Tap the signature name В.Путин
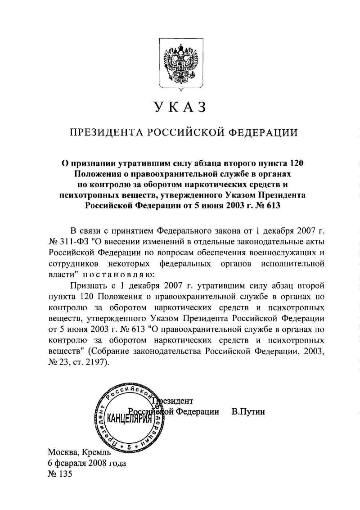[248, 411]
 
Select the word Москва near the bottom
[63, 452]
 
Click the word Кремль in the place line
[96, 453]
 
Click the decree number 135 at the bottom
[64, 474]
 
